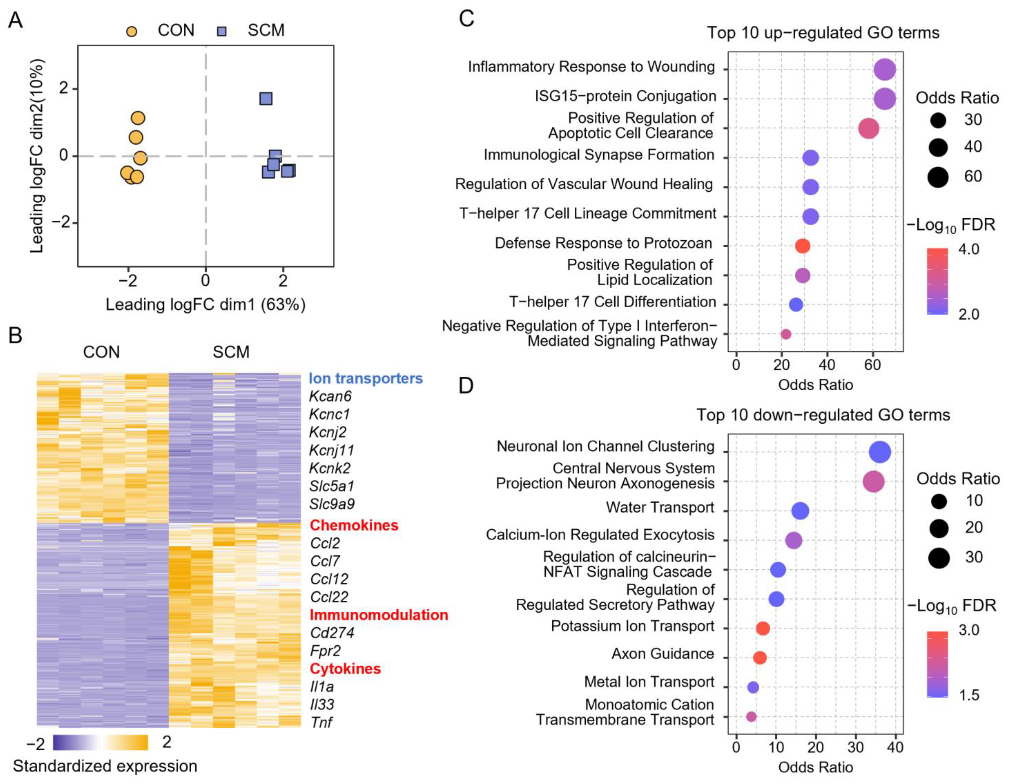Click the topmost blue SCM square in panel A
tap(266, 99)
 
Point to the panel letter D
tap(466, 385)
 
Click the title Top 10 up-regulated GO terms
tap(823, 33)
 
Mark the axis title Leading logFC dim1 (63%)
tap(205, 305)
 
